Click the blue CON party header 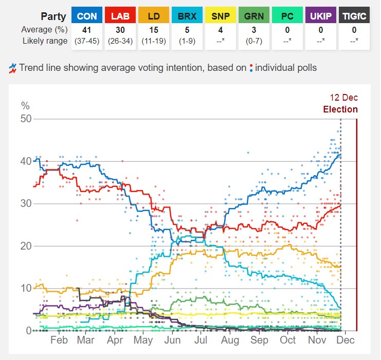tap(87, 16)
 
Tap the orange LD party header tap(154, 16)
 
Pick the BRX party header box tap(187, 16)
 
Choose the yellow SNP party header tap(221, 16)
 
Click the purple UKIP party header tap(321, 16)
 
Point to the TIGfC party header tap(354, 16)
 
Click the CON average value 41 tap(87, 30)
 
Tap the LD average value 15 tap(154, 30)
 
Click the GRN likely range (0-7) tap(254, 41)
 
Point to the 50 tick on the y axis tap(26, 119)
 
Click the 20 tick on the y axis tap(26, 246)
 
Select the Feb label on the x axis tap(59, 340)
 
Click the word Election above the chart tap(340, 109)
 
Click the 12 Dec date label tap(343, 98)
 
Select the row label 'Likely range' tap(44, 41)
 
